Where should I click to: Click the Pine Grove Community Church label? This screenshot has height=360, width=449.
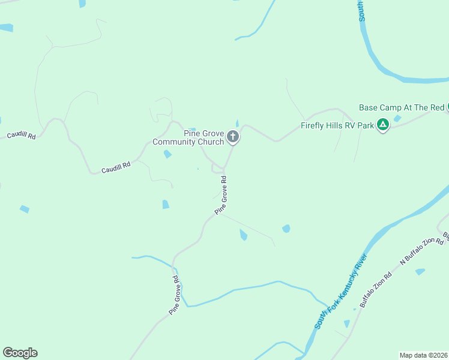[187, 137]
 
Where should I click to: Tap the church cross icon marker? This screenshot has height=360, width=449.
[233, 138]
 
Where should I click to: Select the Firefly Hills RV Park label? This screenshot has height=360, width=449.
[337, 126]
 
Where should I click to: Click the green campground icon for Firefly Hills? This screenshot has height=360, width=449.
[382, 125]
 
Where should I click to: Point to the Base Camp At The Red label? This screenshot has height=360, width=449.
[401, 107]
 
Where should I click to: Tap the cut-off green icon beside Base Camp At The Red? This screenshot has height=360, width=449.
[447, 108]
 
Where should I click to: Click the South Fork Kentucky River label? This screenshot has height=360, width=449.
[341, 291]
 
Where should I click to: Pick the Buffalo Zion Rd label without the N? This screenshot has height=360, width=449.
[376, 290]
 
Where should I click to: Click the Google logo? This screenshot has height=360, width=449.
[20, 353]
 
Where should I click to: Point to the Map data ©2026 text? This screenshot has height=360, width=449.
[423, 355]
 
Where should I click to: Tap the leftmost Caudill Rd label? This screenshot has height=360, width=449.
[21, 136]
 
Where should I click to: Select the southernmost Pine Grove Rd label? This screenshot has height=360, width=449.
[174, 296]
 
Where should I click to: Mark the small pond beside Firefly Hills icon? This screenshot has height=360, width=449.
[397, 118]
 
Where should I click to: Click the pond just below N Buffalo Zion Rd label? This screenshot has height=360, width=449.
[420, 271]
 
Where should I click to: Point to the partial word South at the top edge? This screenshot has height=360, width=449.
[362, 10]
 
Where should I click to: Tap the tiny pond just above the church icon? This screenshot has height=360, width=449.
[237, 124]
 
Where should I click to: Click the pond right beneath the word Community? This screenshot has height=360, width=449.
[167, 154]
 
